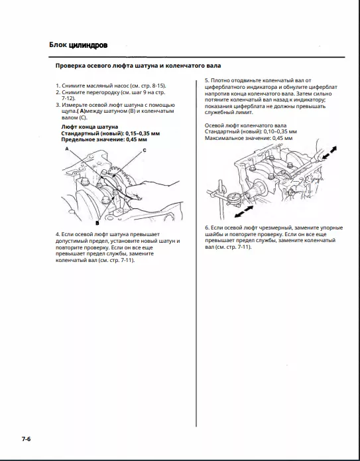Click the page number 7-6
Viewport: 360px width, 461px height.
pos(26,439)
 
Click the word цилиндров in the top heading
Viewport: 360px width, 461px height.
pos(88,45)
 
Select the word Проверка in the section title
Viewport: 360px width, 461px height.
pos(70,66)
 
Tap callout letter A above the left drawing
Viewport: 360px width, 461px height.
pos(67,149)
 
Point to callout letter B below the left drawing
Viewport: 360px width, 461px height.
pos(97,223)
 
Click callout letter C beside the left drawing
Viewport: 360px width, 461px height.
pos(145,150)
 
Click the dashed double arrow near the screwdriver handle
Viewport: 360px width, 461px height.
pos(329,153)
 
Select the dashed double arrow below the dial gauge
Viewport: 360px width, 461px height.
pos(243,212)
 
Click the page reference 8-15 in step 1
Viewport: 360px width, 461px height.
pos(158,86)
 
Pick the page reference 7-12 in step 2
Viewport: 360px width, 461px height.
pos(68,98)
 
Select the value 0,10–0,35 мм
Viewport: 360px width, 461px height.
pos(280,131)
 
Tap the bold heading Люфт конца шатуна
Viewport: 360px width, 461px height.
pos(90,127)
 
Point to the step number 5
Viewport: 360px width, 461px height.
pos(207,80)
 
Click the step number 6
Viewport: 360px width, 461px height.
pos(207,228)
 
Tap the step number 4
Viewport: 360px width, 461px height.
pos(58,234)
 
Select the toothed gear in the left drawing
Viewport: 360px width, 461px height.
pos(121,175)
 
